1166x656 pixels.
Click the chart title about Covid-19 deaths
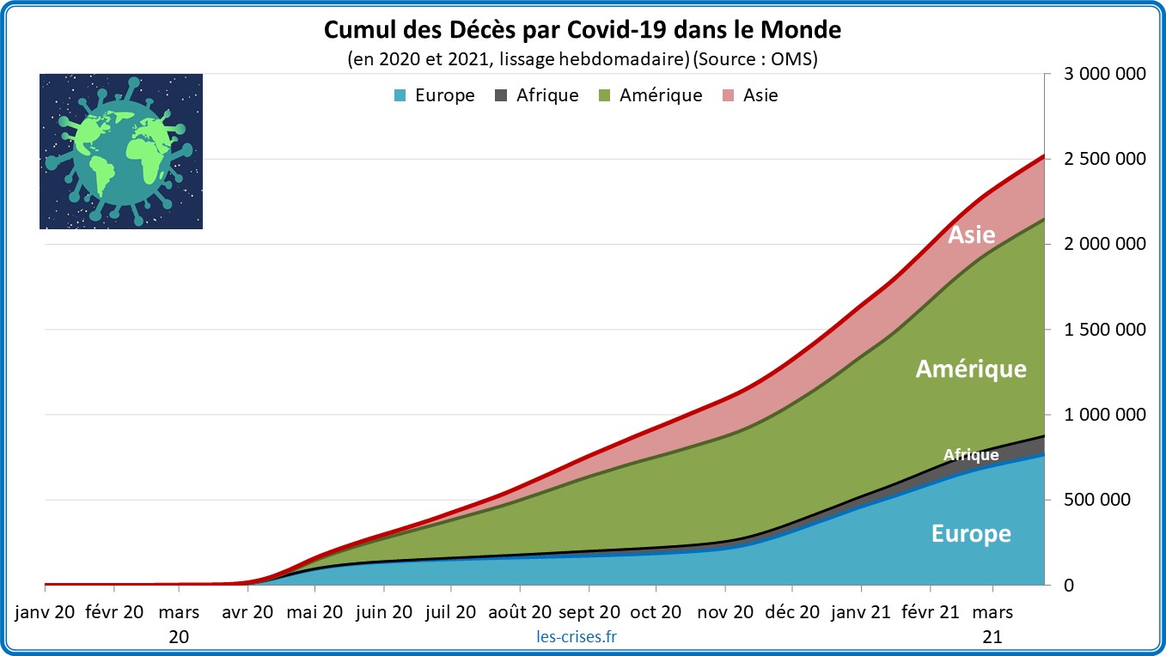583,31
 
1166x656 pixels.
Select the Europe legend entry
434,95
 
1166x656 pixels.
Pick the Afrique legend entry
537,95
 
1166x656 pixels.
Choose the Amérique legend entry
650,95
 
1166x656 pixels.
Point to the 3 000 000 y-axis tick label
1105,75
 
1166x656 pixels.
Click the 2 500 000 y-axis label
1105,160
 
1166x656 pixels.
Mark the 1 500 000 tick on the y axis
1105,330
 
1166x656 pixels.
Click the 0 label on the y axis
1067,586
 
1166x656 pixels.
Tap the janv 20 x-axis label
46,612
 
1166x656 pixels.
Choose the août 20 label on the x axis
519,612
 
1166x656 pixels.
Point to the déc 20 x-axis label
792,612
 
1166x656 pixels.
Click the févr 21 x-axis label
931,612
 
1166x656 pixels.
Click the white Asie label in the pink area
971,234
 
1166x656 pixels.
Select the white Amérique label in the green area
971,369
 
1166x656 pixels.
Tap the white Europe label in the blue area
971,534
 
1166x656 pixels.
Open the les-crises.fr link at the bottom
575,636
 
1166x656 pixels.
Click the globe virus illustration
121,151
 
